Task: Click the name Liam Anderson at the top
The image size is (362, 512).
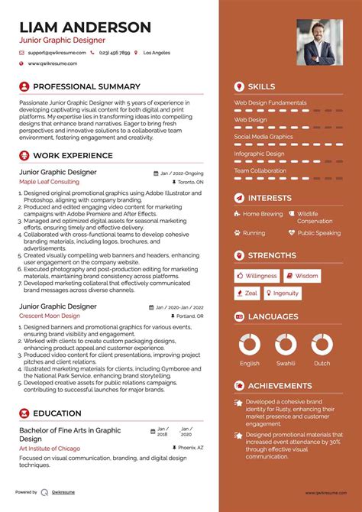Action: (85, 28)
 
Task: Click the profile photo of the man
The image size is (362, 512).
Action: (319, 42)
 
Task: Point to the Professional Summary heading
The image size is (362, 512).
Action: (86, 87)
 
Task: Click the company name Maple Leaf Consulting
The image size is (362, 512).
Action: (49, 183)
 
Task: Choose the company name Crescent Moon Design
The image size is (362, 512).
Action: (50, 316)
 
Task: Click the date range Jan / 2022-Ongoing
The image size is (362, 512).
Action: (182, 173)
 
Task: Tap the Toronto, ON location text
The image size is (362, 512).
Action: (190, 183)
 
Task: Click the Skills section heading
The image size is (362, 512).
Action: (262, 87)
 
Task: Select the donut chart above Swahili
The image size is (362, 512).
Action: (286, 344)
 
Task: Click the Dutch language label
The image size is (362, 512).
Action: (322, 364)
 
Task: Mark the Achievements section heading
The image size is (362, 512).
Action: (280, 386)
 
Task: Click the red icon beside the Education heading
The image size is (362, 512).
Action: (24, 413)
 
